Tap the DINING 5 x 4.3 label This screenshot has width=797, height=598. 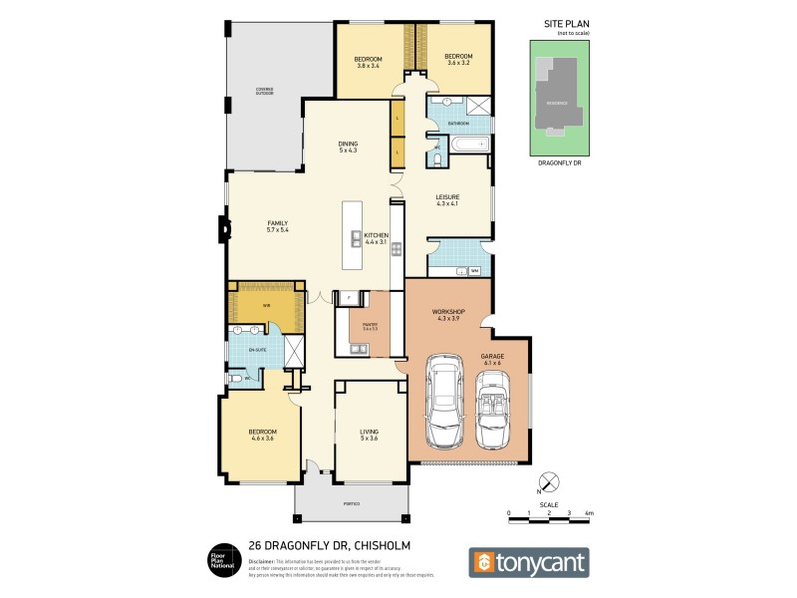click(x=348, y=147)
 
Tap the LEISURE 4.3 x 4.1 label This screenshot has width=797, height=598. click(x=447, y=200)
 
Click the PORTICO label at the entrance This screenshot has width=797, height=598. click(x=352, y=504)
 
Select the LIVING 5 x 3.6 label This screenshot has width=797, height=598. click(x=370, y=434)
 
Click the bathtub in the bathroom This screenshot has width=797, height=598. click(x=467, y=145)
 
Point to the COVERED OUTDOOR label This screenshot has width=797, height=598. click(x=264, y=91)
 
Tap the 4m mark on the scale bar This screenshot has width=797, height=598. click(x=589, y=513)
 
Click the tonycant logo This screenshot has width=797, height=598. click(x=529, y=562)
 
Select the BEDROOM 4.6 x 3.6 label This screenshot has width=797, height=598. click(x=262, y=435)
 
